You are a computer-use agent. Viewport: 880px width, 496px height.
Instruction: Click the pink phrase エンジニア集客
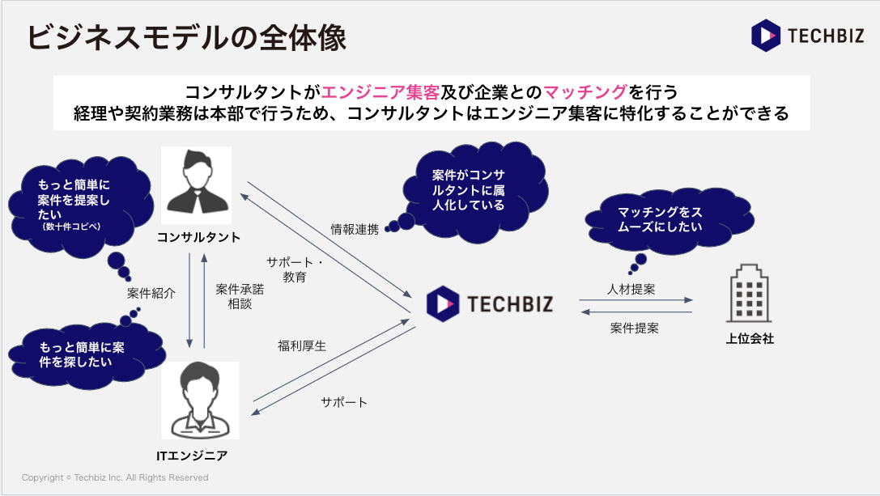[380, 91]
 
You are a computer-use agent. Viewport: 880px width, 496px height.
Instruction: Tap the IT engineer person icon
[200, 400]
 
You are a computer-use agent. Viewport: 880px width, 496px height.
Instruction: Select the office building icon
[750, 296]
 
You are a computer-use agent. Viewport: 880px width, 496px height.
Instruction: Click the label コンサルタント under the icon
[198, 237]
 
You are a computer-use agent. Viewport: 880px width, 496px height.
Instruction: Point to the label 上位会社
[750, 339]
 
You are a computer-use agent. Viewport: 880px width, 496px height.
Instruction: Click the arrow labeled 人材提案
[636, 300]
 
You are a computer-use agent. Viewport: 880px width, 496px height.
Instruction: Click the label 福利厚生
[301, 346]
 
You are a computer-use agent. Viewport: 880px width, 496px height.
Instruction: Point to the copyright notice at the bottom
[115, 477]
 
